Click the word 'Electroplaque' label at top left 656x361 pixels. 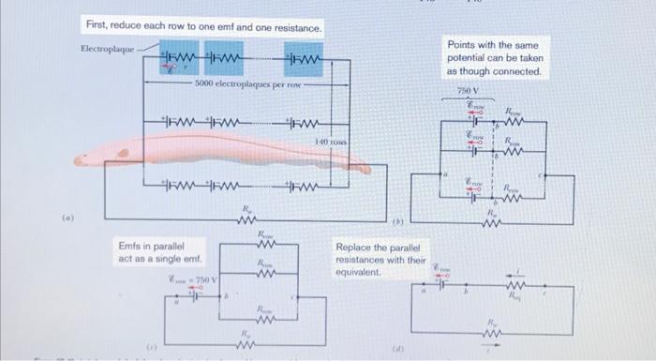108,48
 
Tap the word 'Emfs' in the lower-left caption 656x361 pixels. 131,246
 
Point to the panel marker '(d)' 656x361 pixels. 398,347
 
